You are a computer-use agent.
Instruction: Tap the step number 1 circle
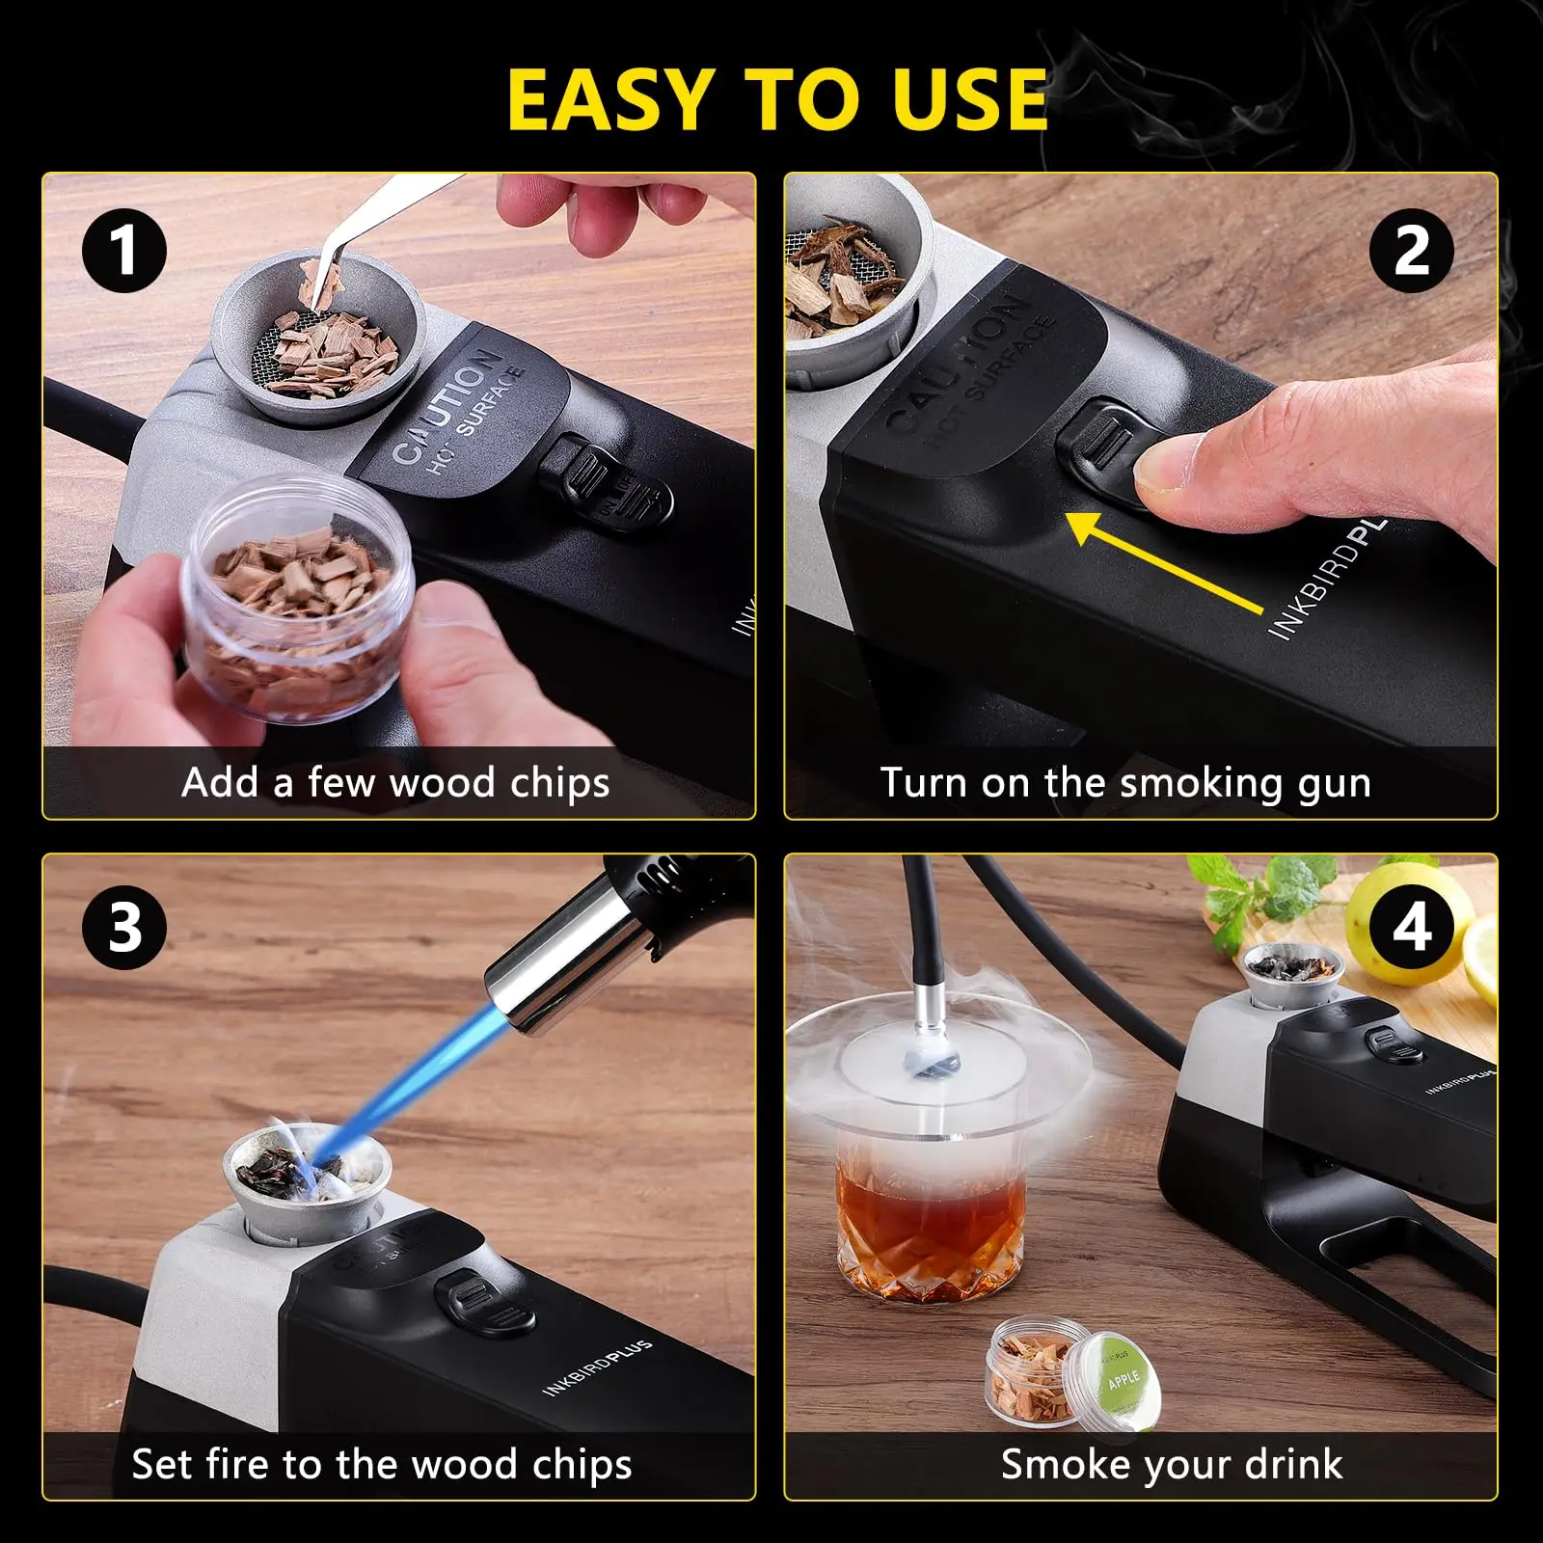point(124,251)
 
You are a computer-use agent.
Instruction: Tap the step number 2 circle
point(1411,251)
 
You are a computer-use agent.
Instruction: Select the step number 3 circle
point(124,928)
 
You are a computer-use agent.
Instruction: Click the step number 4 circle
point(1411,928)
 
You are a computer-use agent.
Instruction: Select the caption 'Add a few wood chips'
point(395,782)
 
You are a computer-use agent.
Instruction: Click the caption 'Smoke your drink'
point(1171,1464)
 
